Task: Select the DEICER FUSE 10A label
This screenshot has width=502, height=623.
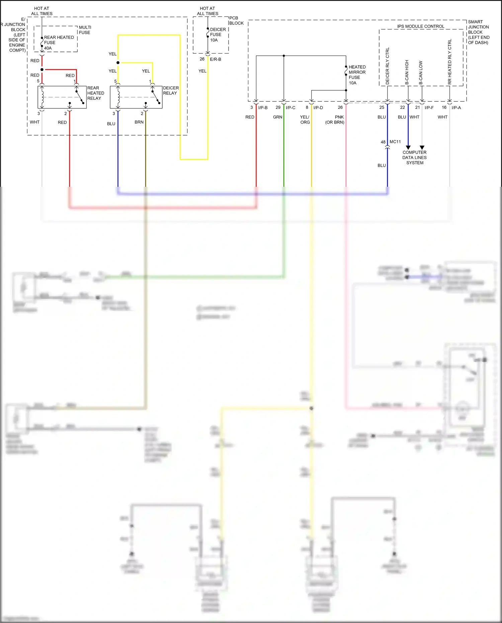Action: click(218, 35)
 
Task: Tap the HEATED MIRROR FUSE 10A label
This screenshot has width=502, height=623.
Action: click(357, 75)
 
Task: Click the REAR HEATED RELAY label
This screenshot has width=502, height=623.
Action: click(95, 93)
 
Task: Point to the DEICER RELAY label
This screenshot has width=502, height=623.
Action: click(171, 90)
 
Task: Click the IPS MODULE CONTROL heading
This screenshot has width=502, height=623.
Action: click(421, 26)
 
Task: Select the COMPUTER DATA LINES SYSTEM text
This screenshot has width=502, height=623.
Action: click(414, 157)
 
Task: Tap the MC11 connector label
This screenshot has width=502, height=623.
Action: click(395, 142)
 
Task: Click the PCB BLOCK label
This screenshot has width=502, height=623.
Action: click(236, 20)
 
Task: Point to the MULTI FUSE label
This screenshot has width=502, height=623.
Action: click(85, 30)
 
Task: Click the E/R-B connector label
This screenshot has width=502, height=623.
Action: click(215, 59)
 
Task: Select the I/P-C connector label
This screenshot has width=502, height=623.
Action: click(290, 108)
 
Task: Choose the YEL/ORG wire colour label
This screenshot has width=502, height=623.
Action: click(305, 120)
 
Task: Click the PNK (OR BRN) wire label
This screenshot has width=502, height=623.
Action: click(335, 120)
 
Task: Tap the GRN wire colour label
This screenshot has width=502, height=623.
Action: click(277, 117)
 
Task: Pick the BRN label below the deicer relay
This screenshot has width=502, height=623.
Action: click(139, 122)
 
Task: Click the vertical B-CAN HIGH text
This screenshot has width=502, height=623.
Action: click(407, 72)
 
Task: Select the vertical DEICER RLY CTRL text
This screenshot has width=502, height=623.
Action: click(388, 66)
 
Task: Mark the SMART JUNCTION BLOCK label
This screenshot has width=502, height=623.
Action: click(478, 32)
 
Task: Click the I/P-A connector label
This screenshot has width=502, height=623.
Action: click(456, 108)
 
